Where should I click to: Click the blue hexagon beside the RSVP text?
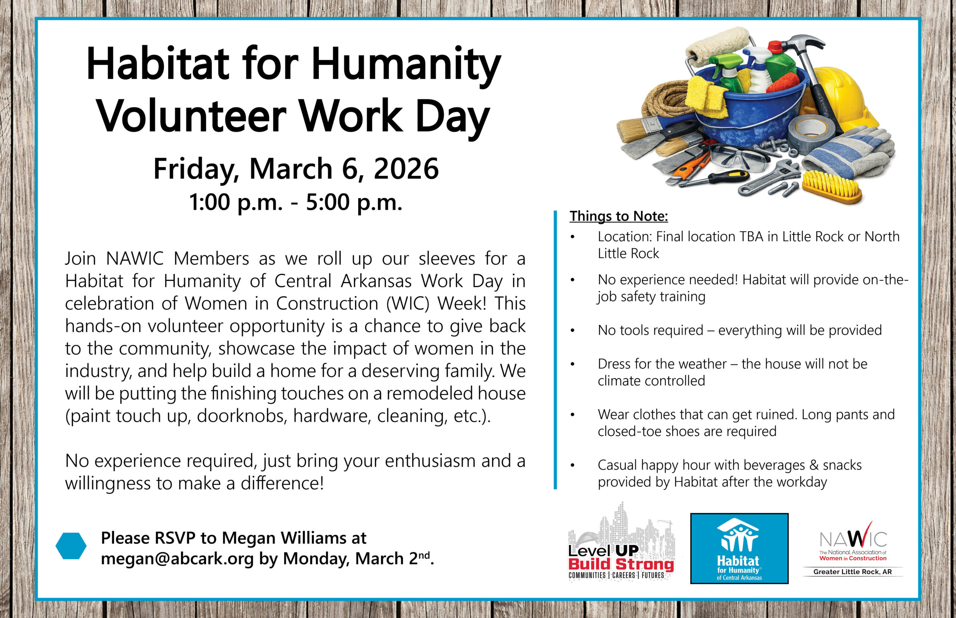pos(71,546)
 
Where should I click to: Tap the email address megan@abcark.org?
pos(177,558)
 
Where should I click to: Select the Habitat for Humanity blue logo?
pos(739,548)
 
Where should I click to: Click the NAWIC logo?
pos(853,549)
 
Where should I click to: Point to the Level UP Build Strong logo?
pos(621,542)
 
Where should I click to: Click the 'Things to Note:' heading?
pos(619,216)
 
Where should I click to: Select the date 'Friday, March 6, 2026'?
pos(296,169)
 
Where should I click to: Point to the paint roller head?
pos(718,46)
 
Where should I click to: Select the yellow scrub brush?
pos(832,187)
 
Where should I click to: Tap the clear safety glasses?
pos(738,158)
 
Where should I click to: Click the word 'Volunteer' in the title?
pos(192,116)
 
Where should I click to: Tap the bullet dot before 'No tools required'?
pos(572,331)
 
